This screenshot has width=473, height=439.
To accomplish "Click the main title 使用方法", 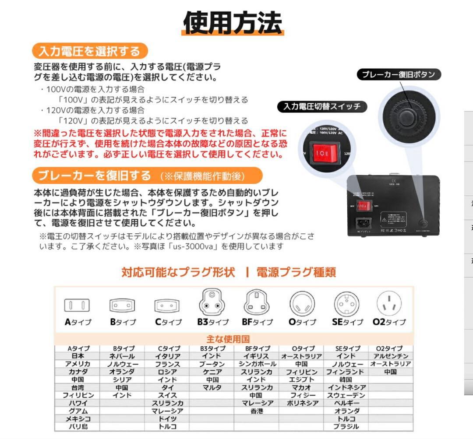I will coord(233,22).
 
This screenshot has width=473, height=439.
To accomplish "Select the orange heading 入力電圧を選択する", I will coord(89,51).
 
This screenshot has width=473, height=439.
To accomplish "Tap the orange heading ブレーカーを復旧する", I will coord(94,176).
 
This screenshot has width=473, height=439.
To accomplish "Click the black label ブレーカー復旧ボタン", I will coord(398,74).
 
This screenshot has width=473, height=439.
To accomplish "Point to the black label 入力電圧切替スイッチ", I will coord(322,106).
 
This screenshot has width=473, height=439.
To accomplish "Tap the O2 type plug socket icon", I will coord(389,302).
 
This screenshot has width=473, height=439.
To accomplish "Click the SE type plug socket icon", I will coord(346,302).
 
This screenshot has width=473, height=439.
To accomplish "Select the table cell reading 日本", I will coord(78,356).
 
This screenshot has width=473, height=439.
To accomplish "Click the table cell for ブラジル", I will coord(346,426).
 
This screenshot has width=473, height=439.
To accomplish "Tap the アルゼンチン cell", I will coord(390,356).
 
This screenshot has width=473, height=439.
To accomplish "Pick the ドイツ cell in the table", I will coord(167,418).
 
